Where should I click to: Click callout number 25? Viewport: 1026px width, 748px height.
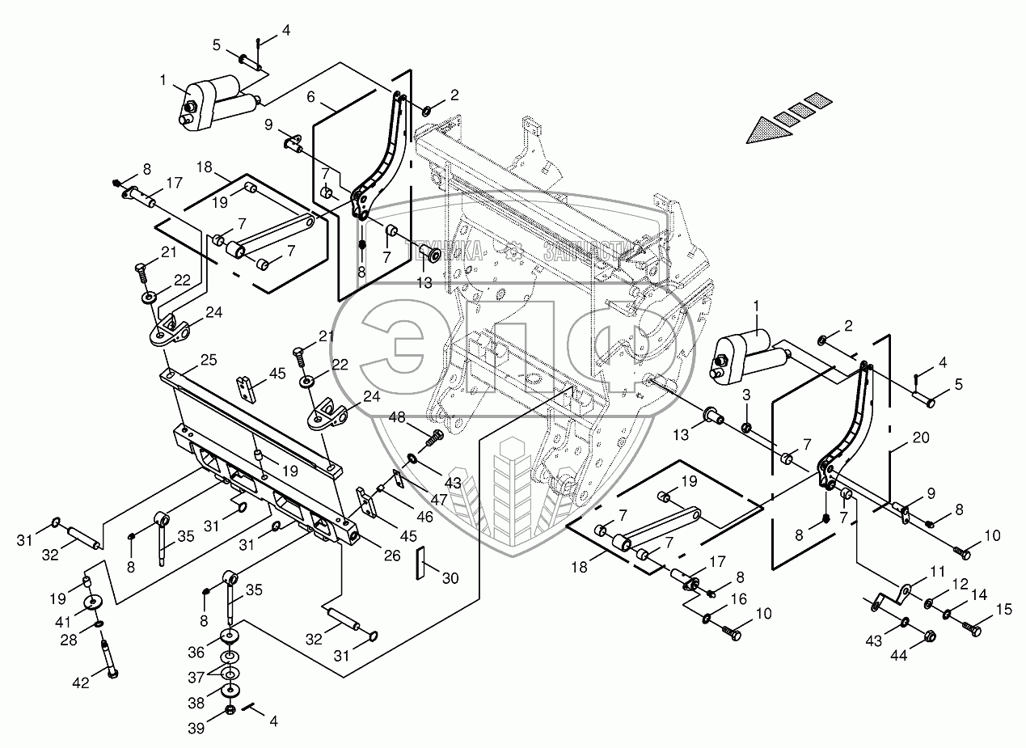pos(186,358)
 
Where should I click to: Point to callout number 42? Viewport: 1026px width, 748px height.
pos(81,682)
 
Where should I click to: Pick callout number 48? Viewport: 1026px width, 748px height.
pos(397,417)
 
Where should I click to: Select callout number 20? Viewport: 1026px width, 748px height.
pos(920,437)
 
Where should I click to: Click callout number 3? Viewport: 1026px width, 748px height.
pos(746,394)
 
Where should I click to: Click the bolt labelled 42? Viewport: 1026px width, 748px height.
pos(108,657)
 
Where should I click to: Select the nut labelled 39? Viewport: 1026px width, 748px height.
pos(229,710)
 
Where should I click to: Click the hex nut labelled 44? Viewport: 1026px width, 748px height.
pos(929,637)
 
